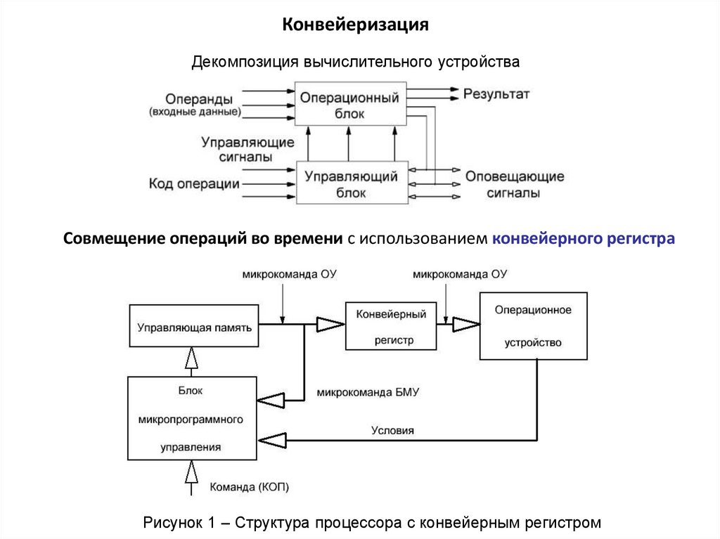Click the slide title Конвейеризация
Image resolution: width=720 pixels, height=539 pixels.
click(x=356, y=25)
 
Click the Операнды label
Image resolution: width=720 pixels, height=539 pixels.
click(x=199, y=98)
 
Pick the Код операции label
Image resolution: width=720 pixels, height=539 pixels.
click(x=194, y=184)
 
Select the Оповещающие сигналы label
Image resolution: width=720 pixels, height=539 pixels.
click(x=514, y=185)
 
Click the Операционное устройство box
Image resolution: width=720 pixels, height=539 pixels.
click(x=533, y=326)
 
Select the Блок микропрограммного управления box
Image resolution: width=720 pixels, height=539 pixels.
click(x=191, y=418)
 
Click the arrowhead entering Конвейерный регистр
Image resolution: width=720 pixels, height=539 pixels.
click(x=329, y=324)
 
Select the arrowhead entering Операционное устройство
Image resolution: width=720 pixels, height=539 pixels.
click(x=465, y=324)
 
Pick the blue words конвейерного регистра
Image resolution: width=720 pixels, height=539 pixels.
click(x=584, y=239)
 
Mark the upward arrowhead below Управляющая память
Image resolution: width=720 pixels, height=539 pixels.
click(x=190, y=359)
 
